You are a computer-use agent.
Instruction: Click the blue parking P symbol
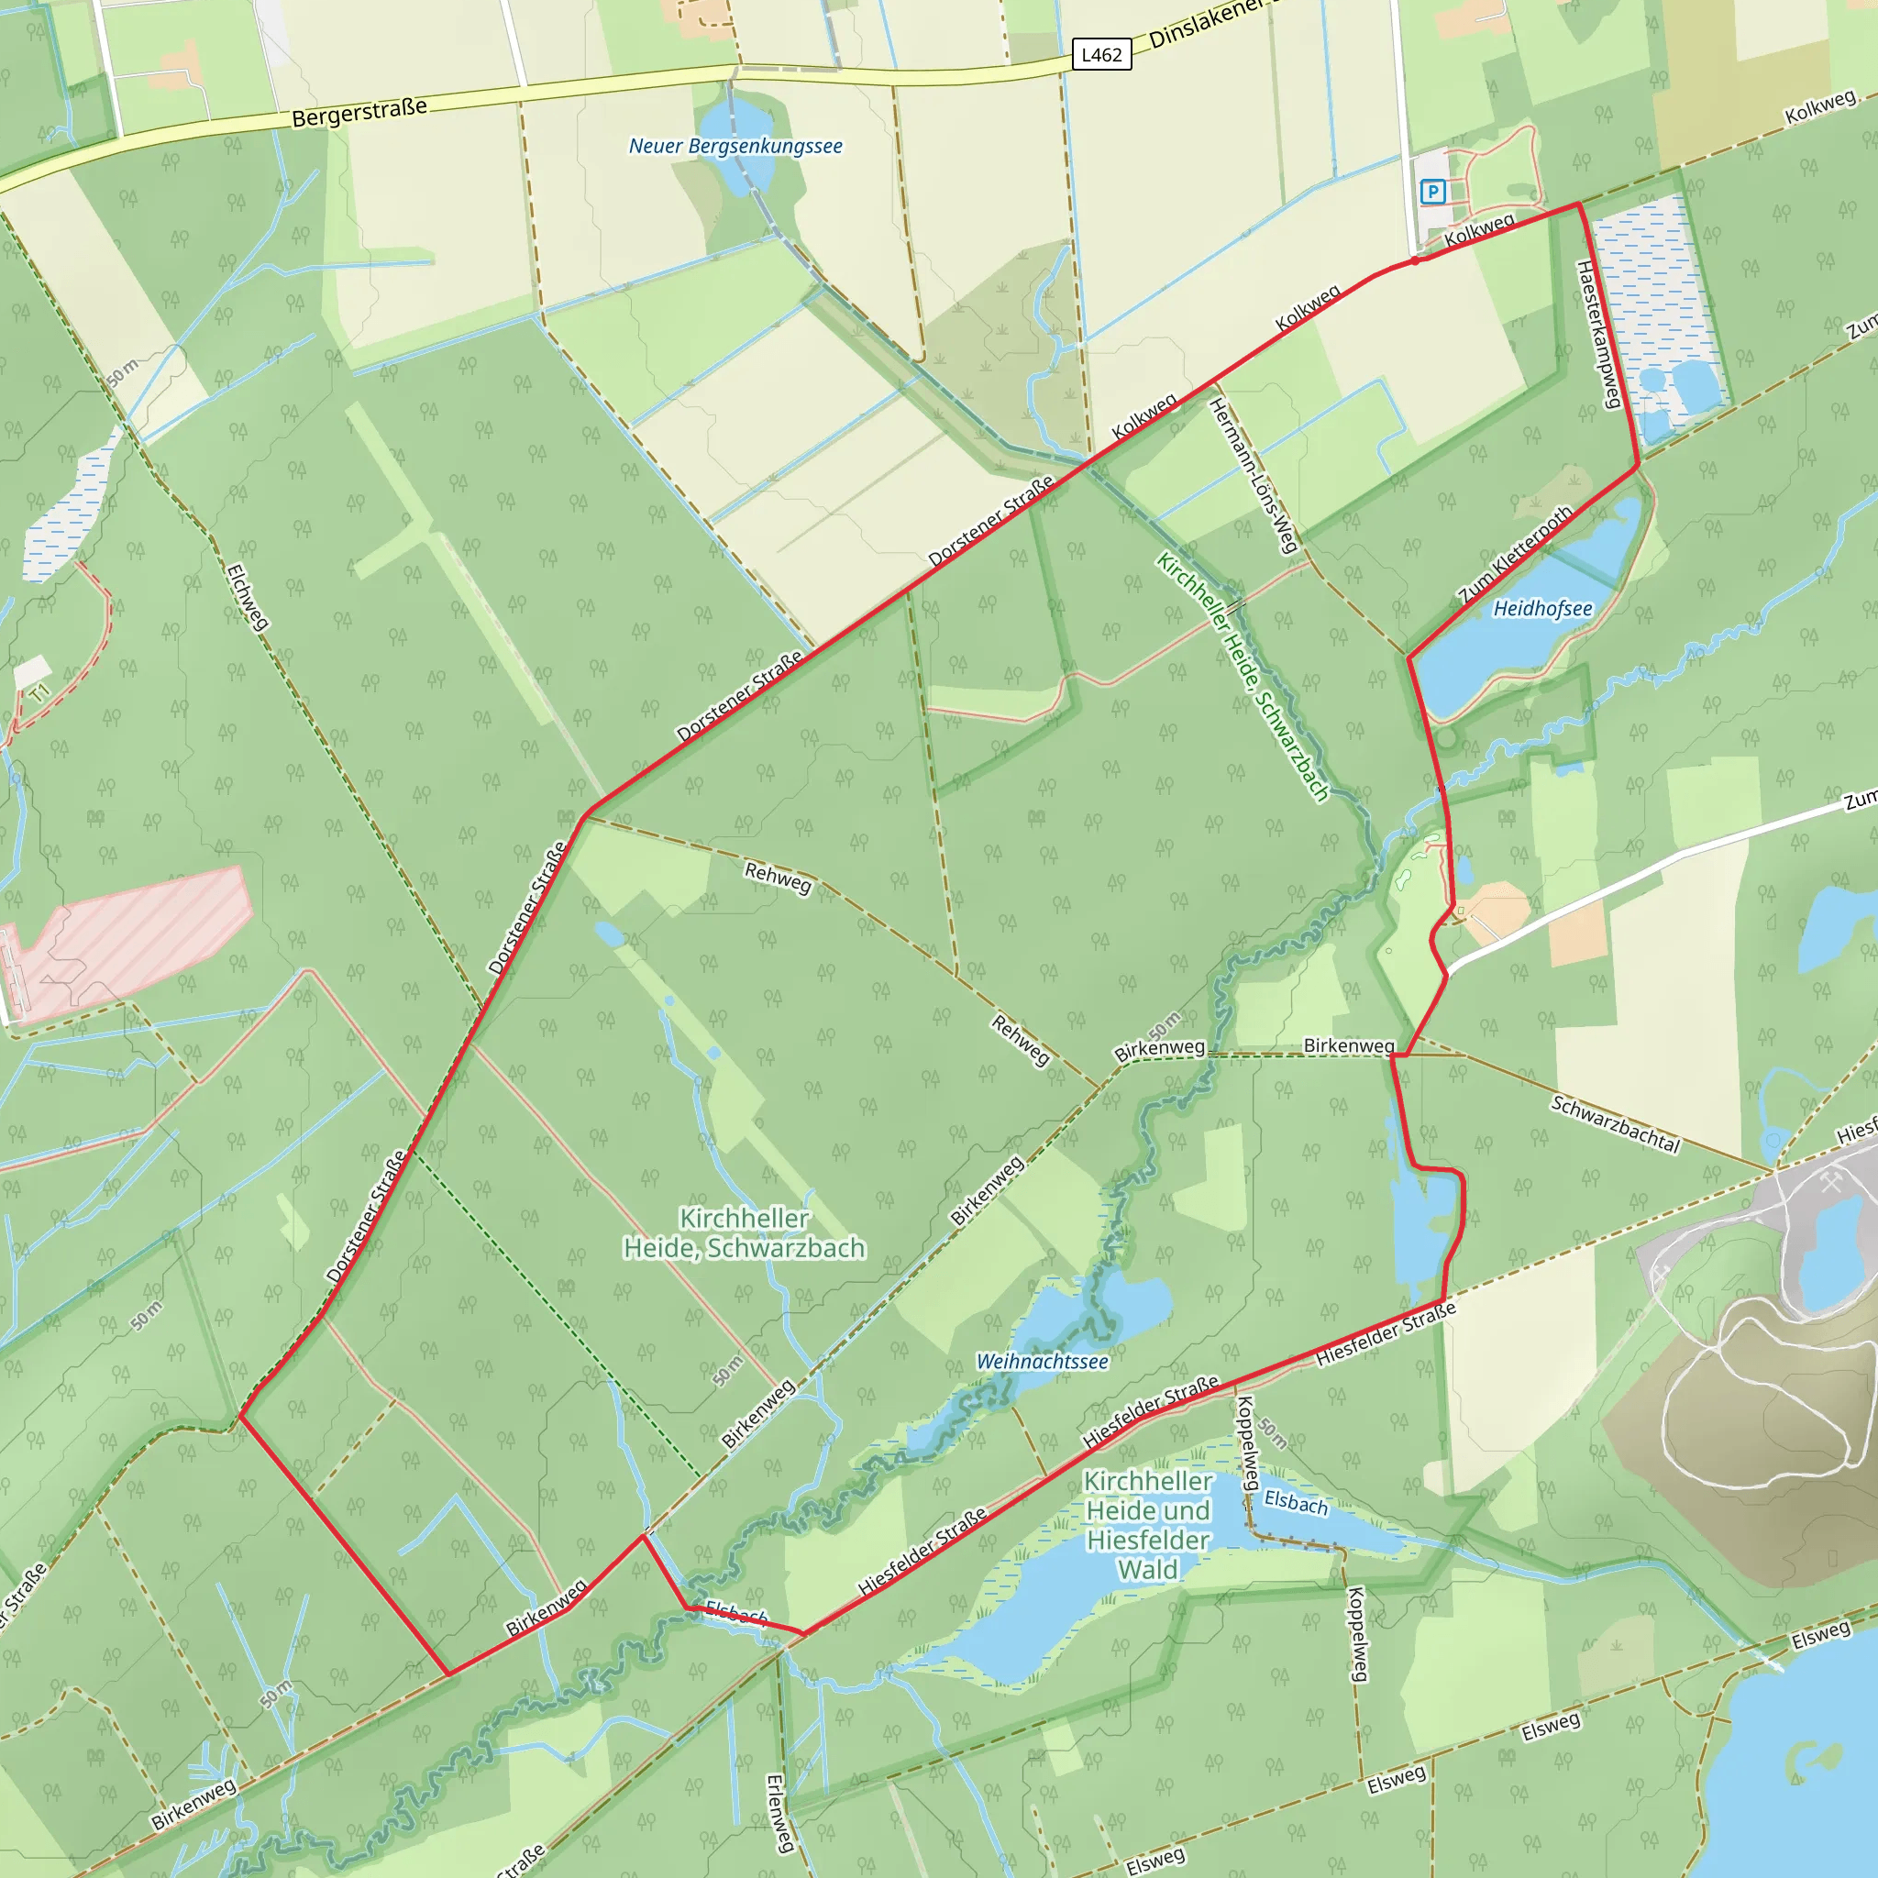[x=1431, y=192]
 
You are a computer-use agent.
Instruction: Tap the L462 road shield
[x=1101, y=55]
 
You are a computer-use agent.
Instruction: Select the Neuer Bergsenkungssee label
[x=735, y=146]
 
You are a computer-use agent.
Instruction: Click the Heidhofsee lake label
[x=1542, y=609]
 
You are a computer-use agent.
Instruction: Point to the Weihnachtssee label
[x=1042, y=1361]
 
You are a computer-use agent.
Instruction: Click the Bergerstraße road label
[x=359, y=112]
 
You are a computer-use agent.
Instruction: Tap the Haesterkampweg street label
[x=1599, y=336]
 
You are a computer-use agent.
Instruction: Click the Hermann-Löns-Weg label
[x=1254, y=476]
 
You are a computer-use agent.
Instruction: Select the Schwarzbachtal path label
[x=1615, y=1124]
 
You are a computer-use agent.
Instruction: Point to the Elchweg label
[x=247, y=598]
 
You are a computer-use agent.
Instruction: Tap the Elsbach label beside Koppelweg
[x=1296, y=1503]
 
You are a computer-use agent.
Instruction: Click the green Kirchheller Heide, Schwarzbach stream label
[x=1243, y=677]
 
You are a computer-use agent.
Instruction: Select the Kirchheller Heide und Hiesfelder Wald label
[x=1148, y=1524]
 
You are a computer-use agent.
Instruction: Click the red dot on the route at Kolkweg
[x=1415, y=260]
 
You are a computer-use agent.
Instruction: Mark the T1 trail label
[x=39, y=693]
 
